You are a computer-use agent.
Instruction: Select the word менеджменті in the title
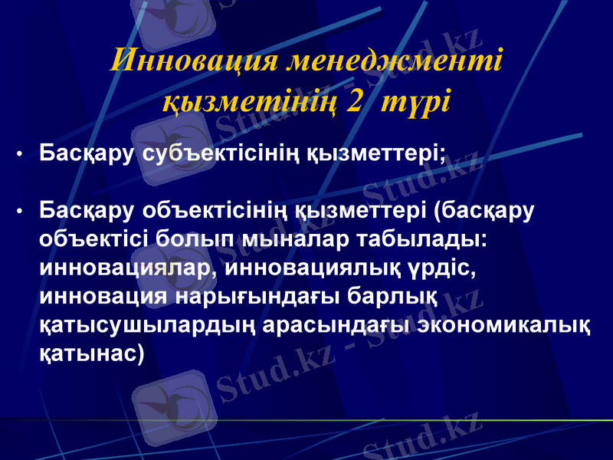(x=394, y=60)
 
